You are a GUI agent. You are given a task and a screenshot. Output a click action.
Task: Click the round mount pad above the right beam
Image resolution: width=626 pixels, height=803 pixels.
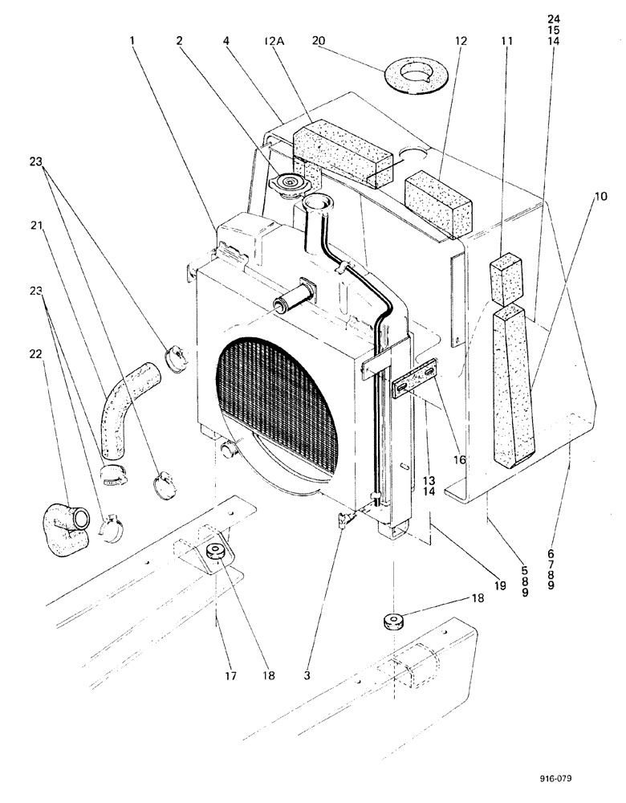(393, 623)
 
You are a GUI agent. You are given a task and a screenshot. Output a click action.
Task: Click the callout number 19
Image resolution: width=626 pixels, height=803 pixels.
(499, 587)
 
